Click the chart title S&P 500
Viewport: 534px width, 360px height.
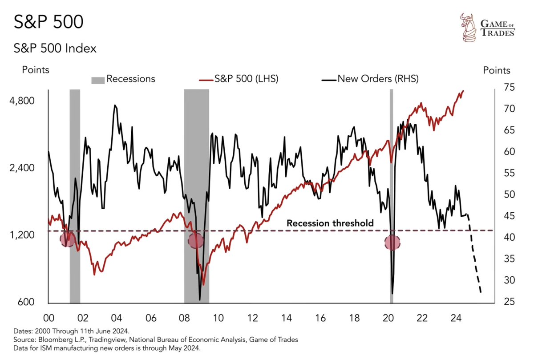(49, 22)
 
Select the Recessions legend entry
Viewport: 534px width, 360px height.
(124, 79)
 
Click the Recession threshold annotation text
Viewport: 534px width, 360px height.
(330, 223)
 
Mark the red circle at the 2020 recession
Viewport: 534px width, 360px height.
(392, 243)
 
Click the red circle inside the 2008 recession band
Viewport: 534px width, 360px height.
(195, 241)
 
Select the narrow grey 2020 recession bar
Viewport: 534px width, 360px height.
(392, 178)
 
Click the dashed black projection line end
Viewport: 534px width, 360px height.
(481, 292)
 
